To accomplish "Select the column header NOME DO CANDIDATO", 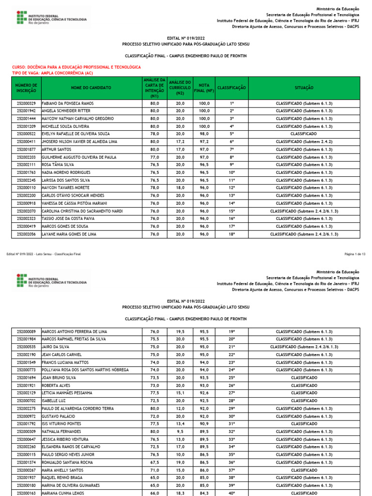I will click(91, 88).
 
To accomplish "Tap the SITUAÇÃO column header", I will click(304, 88).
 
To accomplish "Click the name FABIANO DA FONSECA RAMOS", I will click(68, 103).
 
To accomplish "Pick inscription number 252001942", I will click(26, 111).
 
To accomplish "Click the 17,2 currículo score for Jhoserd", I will click(180, 141).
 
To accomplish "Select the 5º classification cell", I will click(232, 134).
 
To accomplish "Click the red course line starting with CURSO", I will click(76, 67).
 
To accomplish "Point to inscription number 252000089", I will click(26, 331).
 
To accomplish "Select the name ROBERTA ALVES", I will click(56, 385).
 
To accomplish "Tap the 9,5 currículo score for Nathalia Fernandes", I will click(180, 431).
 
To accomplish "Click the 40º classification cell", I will click(232, 493).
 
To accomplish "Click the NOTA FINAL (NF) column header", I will click(204, 88).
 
